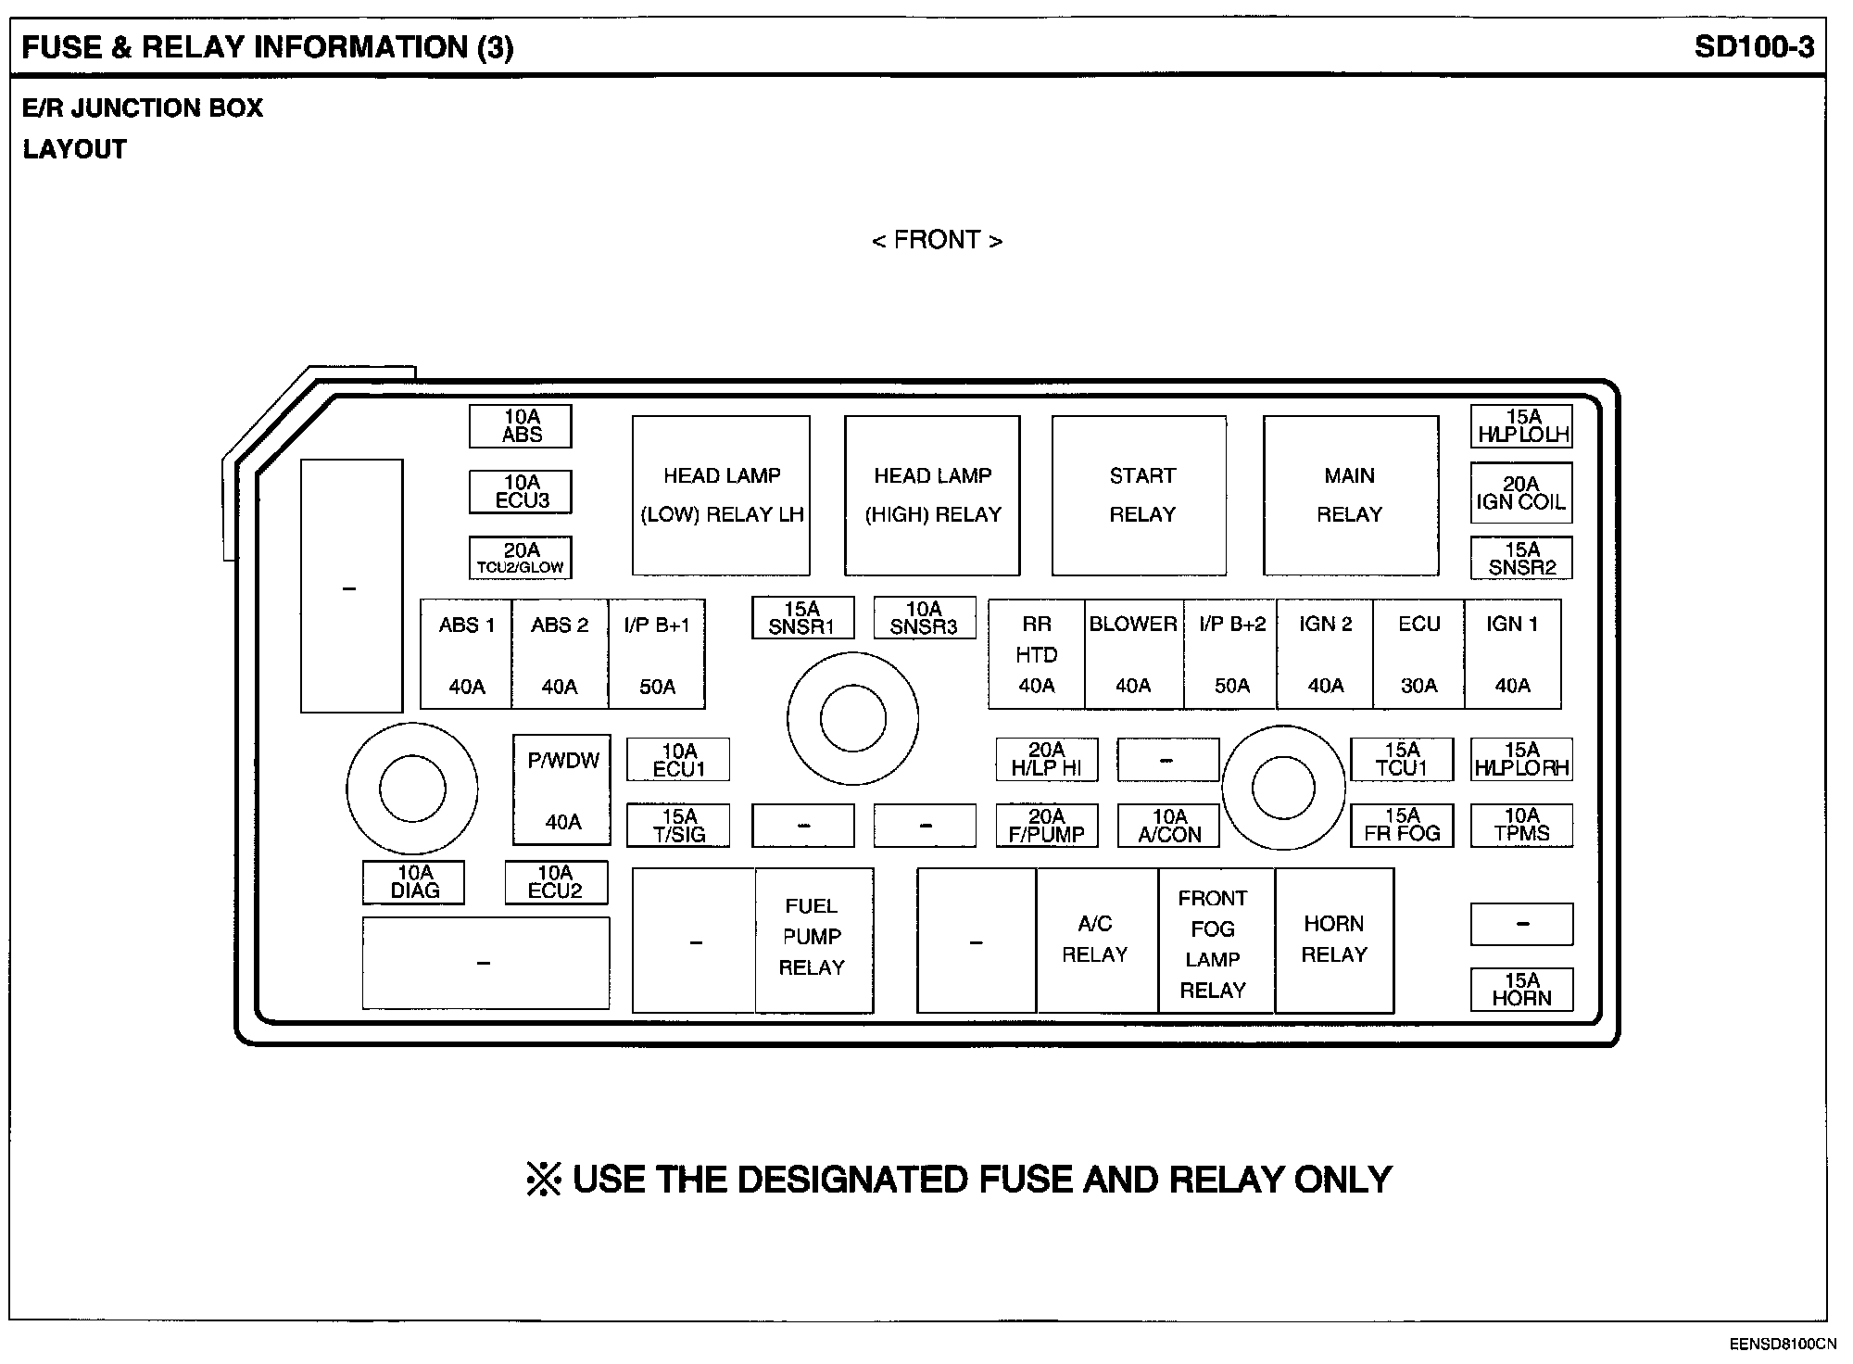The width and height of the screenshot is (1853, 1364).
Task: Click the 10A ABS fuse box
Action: [520, 426]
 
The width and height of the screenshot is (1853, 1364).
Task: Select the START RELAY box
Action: [1140, 495]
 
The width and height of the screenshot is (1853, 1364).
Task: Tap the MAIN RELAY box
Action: [1350, 495]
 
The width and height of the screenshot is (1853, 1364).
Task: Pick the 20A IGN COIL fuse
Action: [1521, 493]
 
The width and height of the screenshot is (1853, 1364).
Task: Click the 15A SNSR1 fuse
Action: [802, 618]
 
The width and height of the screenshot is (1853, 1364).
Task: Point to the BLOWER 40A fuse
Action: [1133, 654]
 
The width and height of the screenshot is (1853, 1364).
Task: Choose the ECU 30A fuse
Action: [1418, 654]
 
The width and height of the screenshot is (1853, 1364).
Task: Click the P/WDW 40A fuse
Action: [562, 790]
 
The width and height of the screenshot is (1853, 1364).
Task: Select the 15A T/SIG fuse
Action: [678, 826]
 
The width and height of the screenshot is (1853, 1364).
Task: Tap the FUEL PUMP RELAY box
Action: [813, 940]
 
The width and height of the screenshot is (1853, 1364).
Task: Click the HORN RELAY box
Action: [1334, 940]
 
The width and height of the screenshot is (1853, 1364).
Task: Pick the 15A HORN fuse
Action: [1521, 990]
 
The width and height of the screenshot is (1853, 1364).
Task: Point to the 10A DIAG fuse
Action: [414, 882]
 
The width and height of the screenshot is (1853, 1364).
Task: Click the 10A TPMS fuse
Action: [1521, 826]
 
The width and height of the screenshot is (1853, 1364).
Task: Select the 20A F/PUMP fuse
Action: [1047, 826]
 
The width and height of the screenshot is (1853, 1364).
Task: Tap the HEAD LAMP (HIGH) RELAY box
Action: [932, 495]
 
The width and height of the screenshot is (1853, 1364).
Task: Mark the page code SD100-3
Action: [1754, 47]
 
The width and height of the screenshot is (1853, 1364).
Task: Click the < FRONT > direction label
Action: [937, 240]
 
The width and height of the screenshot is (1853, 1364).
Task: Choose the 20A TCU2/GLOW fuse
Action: [520, 559]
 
